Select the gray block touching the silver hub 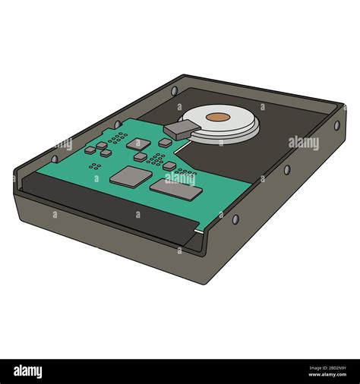[x=176, y=129]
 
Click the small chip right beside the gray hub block [x=165, y=141]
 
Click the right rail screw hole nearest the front [x=236, y=219]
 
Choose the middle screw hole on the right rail [x=286, y=168]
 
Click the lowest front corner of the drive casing [x=204, y=285]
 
